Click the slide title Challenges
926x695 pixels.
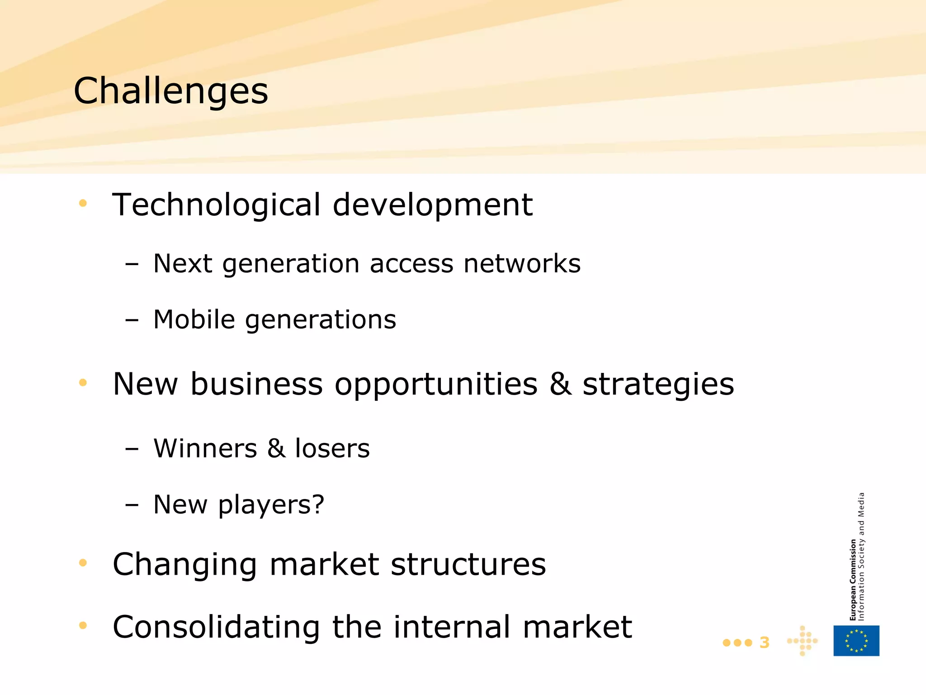click(171, 91)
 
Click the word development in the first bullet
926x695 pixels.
click(433, 205)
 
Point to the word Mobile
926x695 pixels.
click(194, 319)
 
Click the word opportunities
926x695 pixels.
click(436, 385)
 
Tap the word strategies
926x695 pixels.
click(658, 385)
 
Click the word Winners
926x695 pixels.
click(205, 448)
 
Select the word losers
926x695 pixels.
click(332, 448)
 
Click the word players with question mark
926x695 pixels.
click(271, 505)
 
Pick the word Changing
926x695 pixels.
click(185, 565)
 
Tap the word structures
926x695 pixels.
click(468, 564)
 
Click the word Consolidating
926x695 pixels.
click(216, 627)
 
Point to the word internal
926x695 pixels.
click(452, 627)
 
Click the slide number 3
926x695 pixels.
click(764, 643)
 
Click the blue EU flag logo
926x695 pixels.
click(856, 641)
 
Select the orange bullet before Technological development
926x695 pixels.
click(83, 203)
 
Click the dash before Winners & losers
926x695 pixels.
click(132, 449)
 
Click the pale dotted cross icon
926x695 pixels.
click(802, 641)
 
